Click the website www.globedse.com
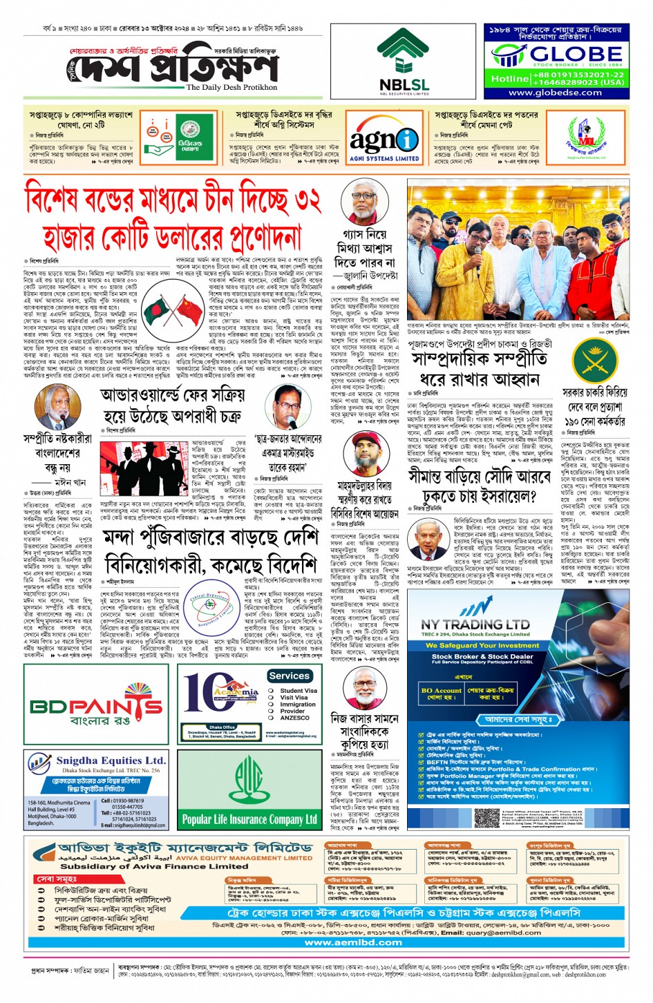tap(555, 93)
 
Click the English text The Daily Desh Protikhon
tap(231, 88)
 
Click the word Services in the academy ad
tap(289, 676)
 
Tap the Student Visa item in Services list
tap(298, 691)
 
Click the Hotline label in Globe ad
tap(510, 79)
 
